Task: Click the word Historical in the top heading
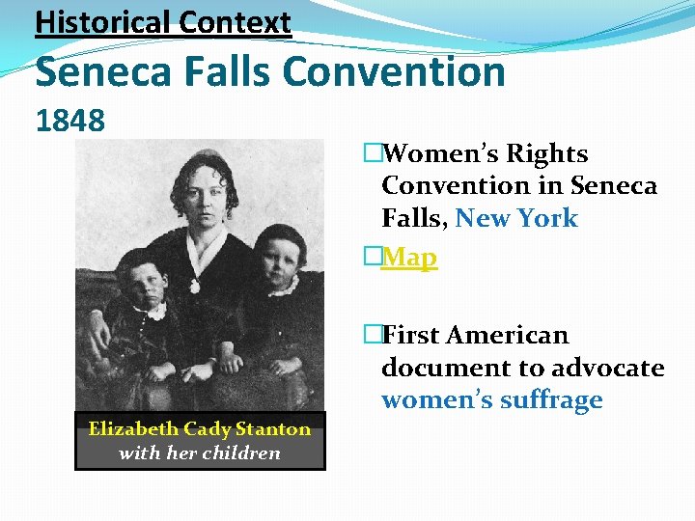click(x=96, y=21)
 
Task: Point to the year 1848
click(x=69, y=121)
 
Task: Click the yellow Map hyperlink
click(x=409, y=258)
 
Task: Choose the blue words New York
click(x=516, y=218)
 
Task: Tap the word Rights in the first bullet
click(x=547, y=153)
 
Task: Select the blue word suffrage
click(x=548, y=400)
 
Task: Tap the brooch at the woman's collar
click(x=194, y=286)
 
